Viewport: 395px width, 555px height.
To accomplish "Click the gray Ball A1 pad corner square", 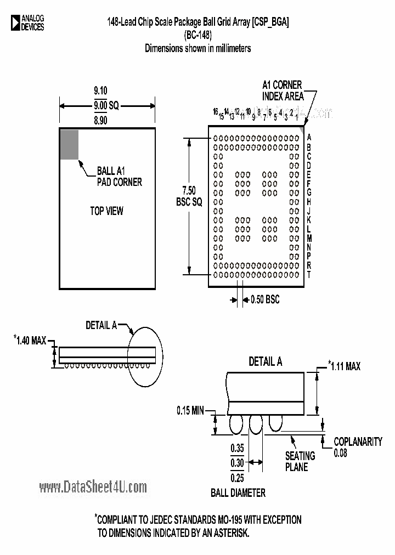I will tap(69, 144).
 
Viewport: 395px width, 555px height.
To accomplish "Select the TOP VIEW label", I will tap(106, 211).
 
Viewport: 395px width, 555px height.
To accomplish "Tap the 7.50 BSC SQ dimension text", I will tap(189, 196).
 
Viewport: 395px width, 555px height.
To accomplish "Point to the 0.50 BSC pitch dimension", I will tap(264, 300).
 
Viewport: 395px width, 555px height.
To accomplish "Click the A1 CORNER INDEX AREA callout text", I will tap(282, 90).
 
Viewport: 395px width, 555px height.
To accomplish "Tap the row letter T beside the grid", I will tap(309, 275).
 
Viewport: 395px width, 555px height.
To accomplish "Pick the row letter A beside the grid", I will tap(309, 137).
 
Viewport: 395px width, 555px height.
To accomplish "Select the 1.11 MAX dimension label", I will tap(344, 366).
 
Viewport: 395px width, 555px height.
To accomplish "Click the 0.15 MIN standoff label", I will tap(190, 410).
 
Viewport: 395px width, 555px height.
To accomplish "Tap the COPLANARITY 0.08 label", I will tap(358, 448).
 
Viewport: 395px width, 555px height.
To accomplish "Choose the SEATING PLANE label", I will tap(300, 461).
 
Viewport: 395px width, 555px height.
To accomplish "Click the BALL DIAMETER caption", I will tap(238, 492).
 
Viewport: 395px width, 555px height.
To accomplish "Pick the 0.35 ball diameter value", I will tap(237, 448).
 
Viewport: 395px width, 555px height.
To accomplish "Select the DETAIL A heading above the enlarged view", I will tap(265, 361).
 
